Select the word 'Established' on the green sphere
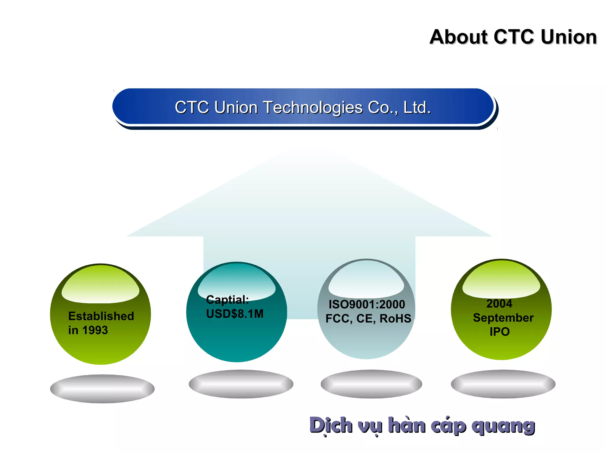click(x=101, y=316)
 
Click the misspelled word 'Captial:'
click(x=227, y=300)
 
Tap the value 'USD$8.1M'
click(x=235, y=314)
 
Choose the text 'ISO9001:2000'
click(x=367, y=304)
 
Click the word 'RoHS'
click(x=395, y=318)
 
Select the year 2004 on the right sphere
click(x=499, y=304)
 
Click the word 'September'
click(x=503, y=318)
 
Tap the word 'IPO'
click(x=499, y=332)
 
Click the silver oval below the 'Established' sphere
click(x=102, y=389)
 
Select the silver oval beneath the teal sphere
click(x=241, y=384)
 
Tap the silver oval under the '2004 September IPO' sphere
click(x=503, y=384)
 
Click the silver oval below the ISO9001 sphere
click(x=371, y=384)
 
